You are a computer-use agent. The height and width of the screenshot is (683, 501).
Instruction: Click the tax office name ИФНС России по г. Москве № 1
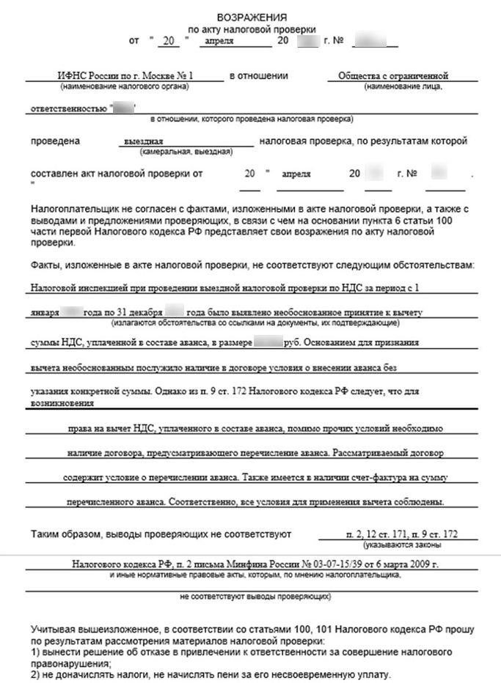click(x=125, y=75)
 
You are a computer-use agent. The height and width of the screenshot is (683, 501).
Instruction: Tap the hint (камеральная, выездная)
click(x=186, y=152)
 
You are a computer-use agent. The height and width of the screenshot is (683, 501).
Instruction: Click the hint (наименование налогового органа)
click(x=125, y=86)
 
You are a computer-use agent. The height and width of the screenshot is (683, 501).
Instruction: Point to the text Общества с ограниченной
click(x=392, y=75)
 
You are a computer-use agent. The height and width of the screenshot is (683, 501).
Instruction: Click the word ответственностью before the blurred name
click(x=68, y=108)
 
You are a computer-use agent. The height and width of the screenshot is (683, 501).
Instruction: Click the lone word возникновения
click(x=62, y=404)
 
